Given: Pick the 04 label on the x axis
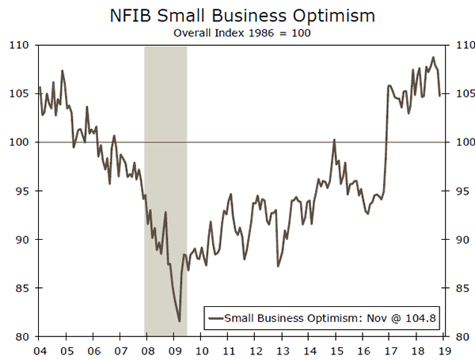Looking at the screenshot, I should [39, 350].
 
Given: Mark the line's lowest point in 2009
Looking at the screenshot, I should [180, 320].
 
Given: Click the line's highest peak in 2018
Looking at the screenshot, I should [432, 57].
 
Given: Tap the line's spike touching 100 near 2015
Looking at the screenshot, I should [335, 140].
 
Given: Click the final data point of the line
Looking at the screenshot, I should [440, 96].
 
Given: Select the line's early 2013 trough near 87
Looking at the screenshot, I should [277, 266].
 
